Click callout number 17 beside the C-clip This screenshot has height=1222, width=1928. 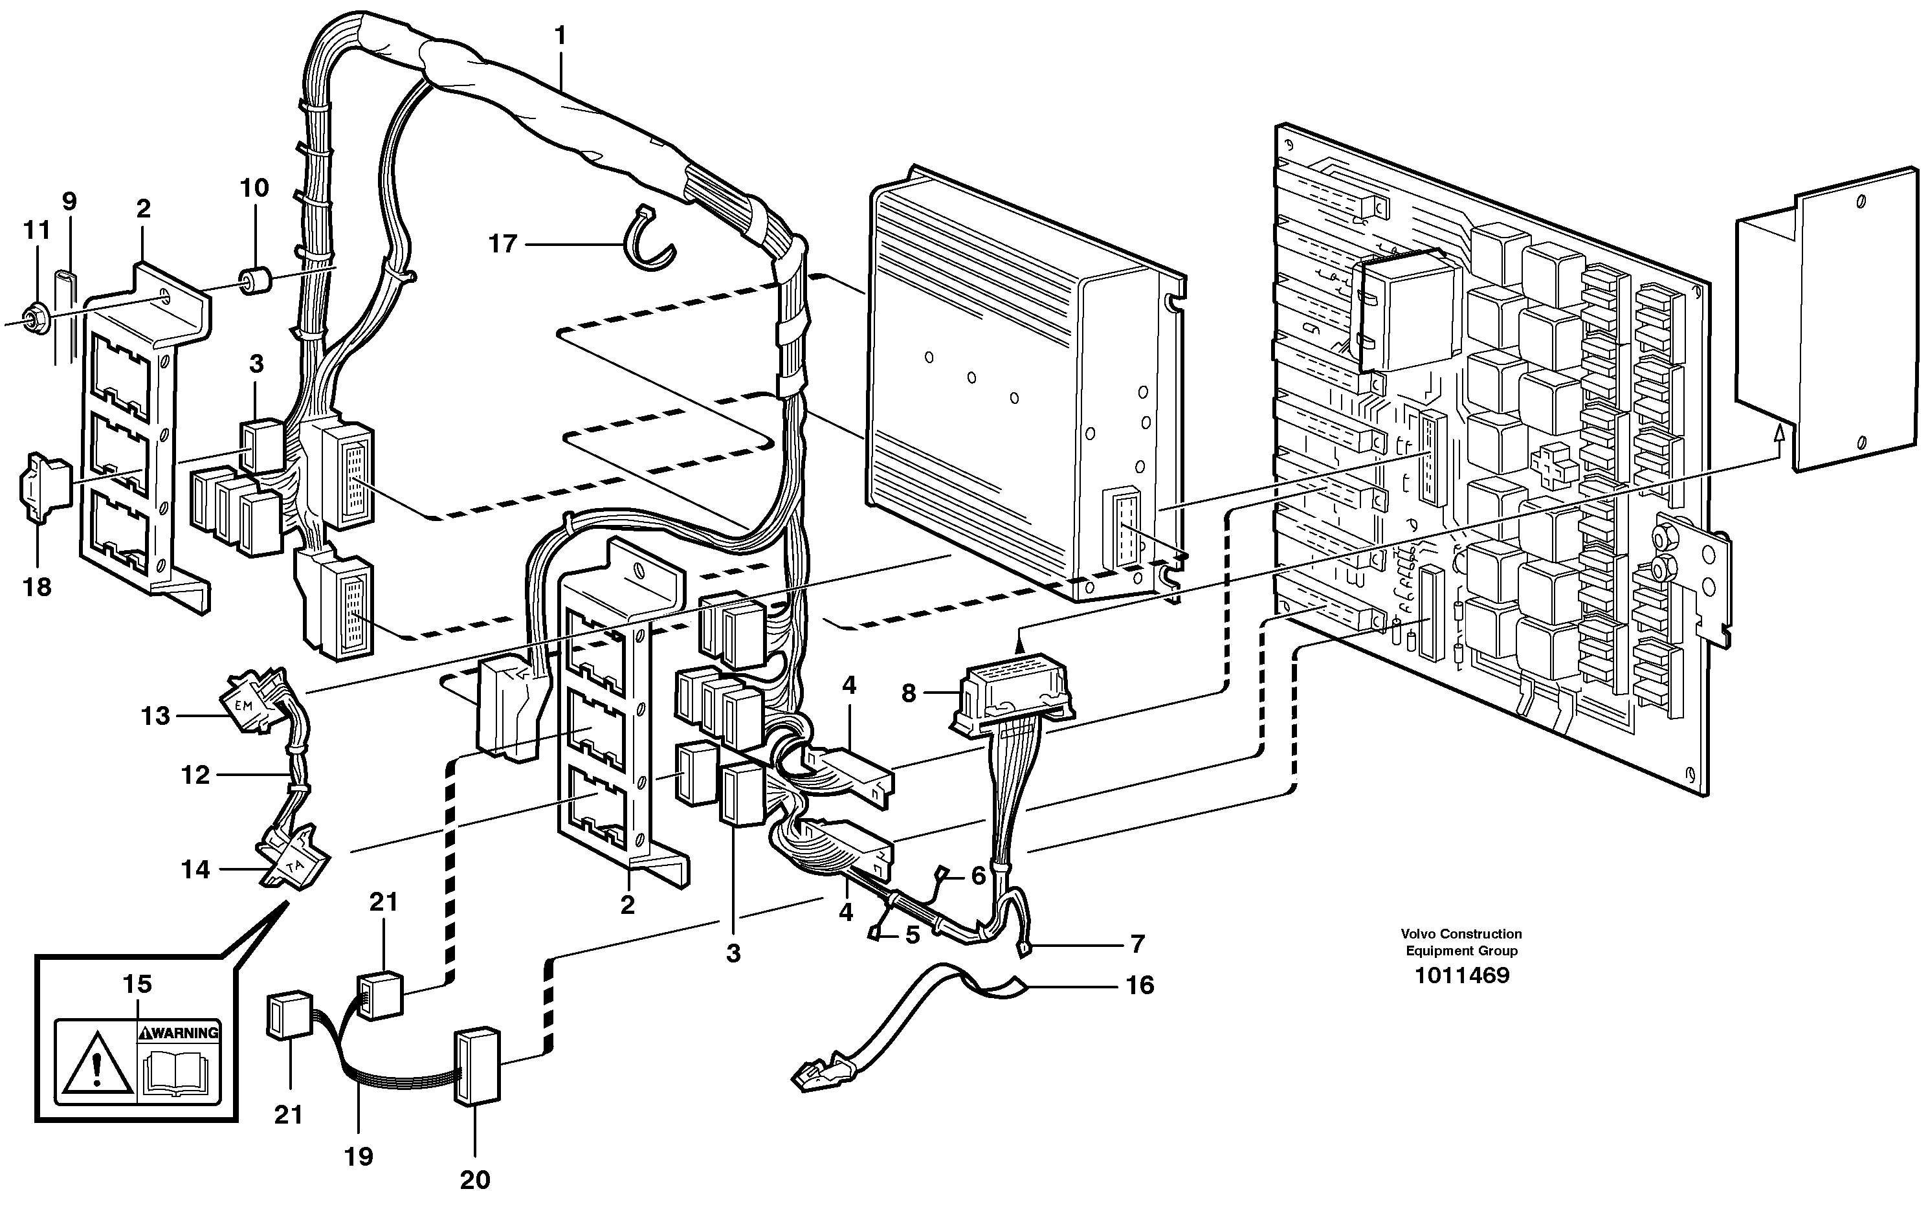coord(503,243)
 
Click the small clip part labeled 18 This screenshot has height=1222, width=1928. coord(38,487)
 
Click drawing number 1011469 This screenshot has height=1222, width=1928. coord(1461,975)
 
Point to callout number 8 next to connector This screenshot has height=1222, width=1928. coord(908,693)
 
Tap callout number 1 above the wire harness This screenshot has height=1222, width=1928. coord(560,36)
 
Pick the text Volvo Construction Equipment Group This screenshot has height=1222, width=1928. coord(1461,942)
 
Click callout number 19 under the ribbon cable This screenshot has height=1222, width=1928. coord(359,1157)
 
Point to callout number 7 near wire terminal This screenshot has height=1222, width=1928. coord(1137,944)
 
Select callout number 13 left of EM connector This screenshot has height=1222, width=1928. coord(155,715)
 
